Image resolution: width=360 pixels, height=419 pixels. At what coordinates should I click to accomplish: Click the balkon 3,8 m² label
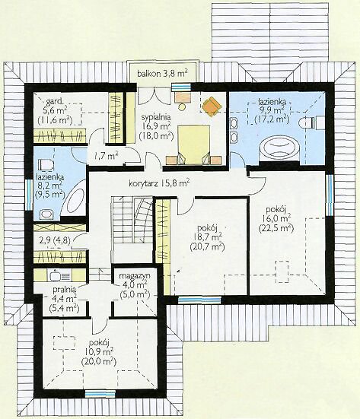coord(162,73)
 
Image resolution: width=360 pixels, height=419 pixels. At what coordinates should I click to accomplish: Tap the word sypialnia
coord(156,117)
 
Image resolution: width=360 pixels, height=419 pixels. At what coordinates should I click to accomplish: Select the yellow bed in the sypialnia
coord(194,144)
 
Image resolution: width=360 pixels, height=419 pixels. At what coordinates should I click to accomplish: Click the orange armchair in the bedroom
coord(212,106)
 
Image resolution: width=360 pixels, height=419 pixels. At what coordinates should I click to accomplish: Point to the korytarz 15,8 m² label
coord(160,183)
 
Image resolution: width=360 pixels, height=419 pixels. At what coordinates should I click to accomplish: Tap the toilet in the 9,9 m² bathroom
coord(307,122)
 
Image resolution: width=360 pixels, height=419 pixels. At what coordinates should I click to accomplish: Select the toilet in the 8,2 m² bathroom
coord(46,164)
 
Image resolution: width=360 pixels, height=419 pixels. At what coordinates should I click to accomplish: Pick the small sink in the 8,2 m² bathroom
coord(46,214)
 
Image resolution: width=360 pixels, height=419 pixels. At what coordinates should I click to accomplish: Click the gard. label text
coord(55,102)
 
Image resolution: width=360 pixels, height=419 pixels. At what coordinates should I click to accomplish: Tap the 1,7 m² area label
coord(105,156)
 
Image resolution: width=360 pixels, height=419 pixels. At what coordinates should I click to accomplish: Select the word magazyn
coord(135,276)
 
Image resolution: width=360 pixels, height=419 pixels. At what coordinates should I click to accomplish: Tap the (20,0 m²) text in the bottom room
coord(98,362)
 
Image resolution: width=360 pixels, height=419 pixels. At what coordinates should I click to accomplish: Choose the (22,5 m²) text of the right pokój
coord(276,228)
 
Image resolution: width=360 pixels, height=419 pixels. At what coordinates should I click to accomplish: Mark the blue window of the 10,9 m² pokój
coord(100,393)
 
